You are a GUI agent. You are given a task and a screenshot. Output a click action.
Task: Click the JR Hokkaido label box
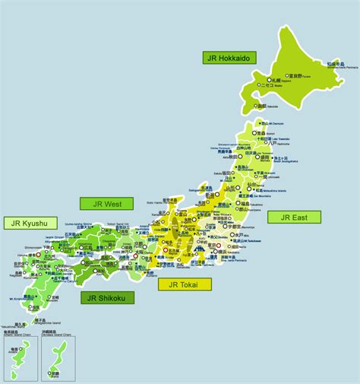coord(229,57)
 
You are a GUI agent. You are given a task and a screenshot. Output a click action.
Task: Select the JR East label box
coord(294,217)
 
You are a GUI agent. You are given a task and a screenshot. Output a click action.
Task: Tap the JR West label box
coord(106,203)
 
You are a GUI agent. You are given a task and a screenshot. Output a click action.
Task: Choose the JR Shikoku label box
coord(107,297)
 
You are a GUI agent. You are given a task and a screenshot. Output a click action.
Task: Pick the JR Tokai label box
coord(185,285)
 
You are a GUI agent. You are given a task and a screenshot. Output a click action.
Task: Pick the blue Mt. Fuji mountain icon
coord(200,249)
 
